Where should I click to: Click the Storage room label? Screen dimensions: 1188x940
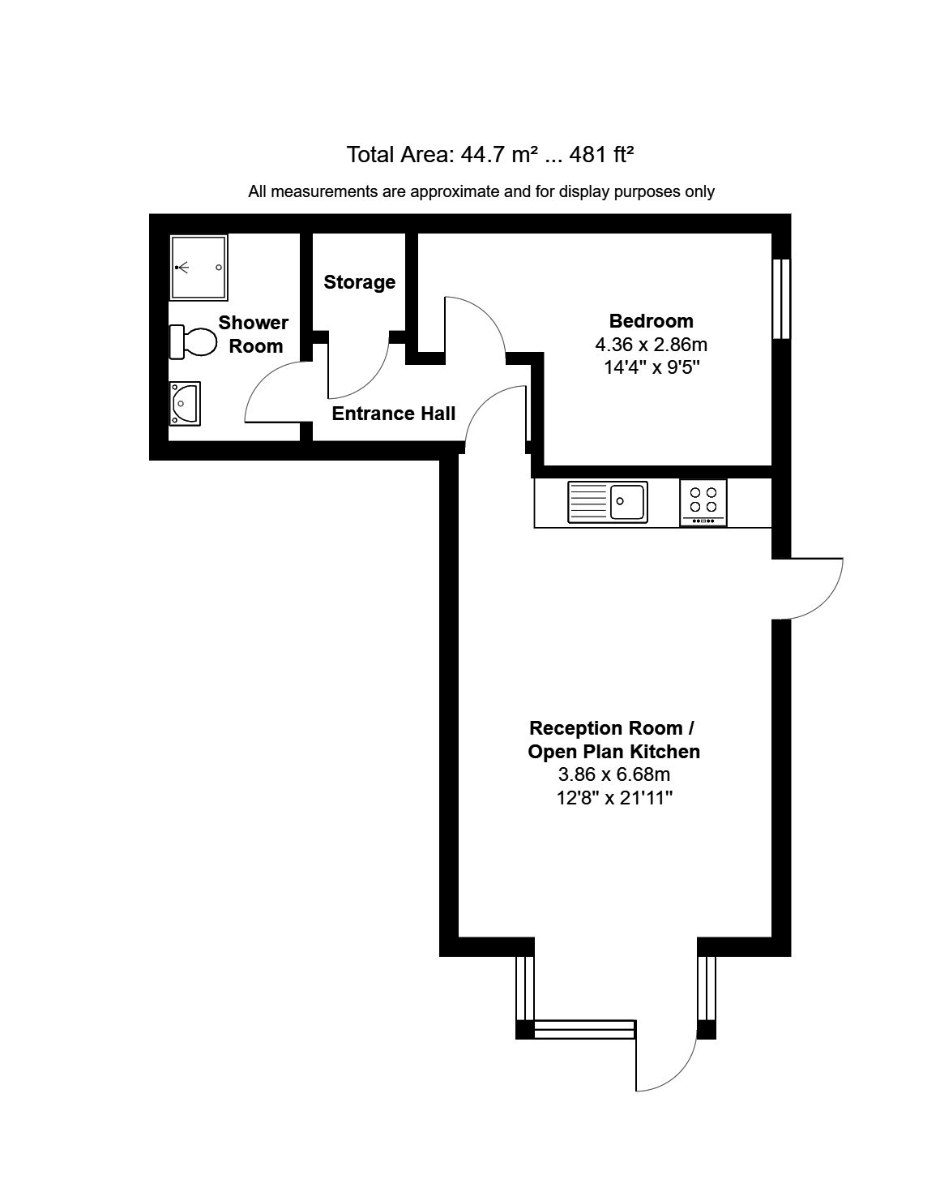click(x=359, y=282)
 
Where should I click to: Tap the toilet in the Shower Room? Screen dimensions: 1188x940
click(x=193, y=341)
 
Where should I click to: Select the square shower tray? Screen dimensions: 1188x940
click(x=199, y=267)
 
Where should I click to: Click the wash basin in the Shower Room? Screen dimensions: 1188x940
click(x=186, y=403)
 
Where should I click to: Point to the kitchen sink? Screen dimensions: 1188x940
click(x=608, y=500)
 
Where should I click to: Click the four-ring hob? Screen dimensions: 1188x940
click(x=703, y=502)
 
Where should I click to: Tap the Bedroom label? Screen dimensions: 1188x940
click(x=651, y=320)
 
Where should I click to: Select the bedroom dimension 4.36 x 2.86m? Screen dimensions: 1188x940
click(x=651, y=344)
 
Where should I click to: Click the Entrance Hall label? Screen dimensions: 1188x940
click(x=394, y=414)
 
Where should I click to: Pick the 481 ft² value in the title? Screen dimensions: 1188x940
click(x=601, y=154)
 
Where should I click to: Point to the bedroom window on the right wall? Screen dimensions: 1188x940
click(x=781, y=298)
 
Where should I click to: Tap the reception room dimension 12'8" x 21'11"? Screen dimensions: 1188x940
click(x=615, y=798)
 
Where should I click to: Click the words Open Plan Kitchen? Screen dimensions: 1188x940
click(x=613, y=752)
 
